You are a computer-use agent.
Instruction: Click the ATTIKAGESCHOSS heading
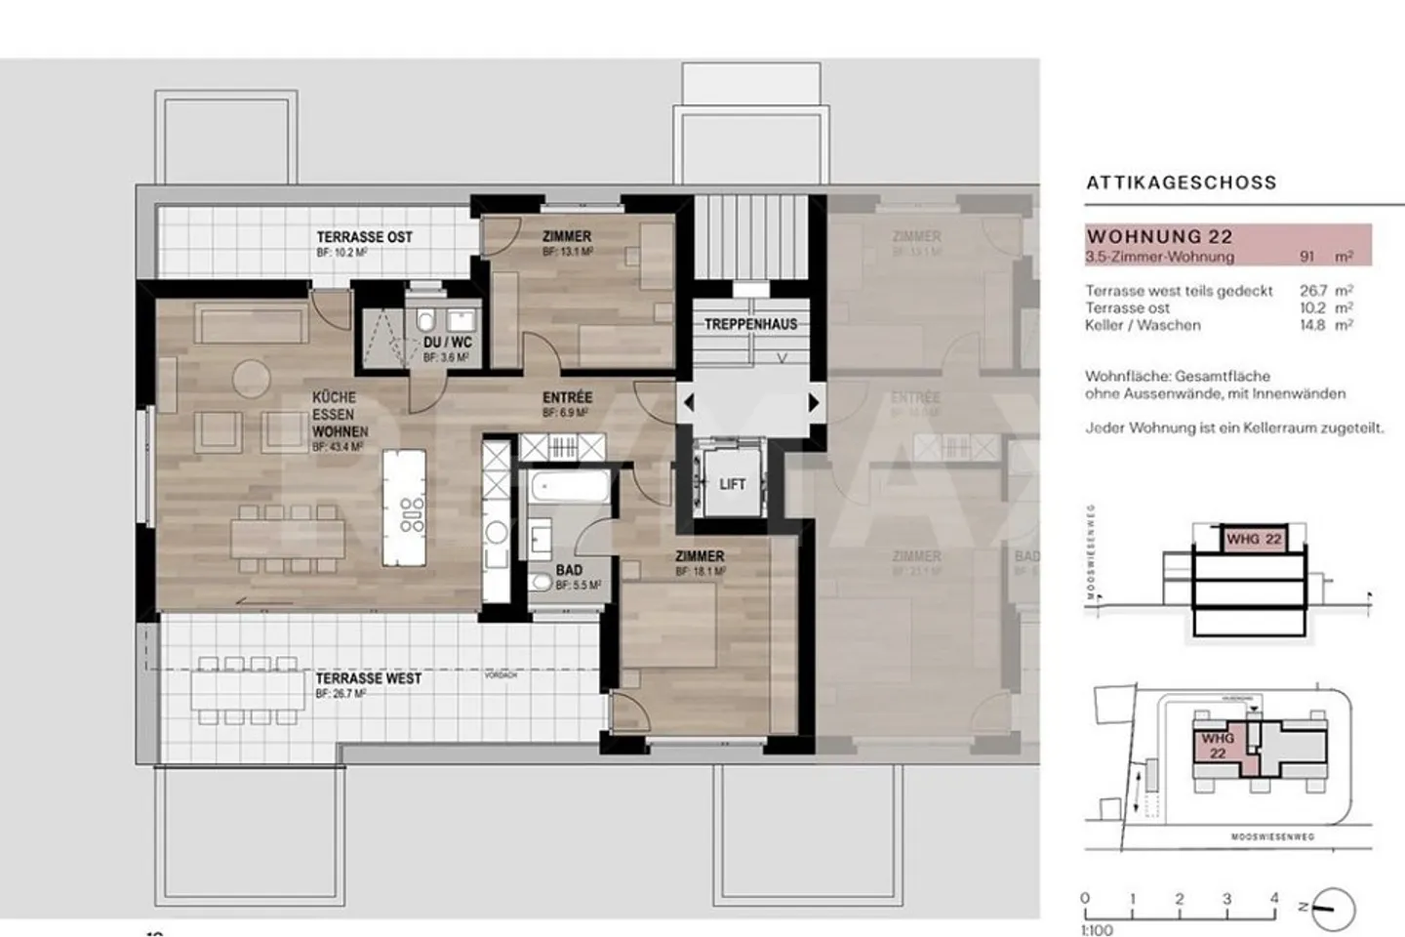(x=1181, y=183)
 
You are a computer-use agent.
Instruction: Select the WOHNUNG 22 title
(x=1159, y=236)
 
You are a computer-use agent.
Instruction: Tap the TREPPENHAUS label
(x=750, y=324)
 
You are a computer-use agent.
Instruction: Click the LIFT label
(x=732, y=484)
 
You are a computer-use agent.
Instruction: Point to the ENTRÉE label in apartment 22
(x=567, y=398)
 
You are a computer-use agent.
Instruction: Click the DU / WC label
(x=447, y=344)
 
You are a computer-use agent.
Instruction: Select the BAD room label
(x=568, y=570)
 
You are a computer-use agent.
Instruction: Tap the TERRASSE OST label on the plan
(x=364, y=237)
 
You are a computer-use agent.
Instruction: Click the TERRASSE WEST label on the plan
(x=368, y=678)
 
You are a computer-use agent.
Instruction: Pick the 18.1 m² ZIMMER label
(x=700, y=556)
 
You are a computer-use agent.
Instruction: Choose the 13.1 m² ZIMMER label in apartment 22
(x=566, y=236)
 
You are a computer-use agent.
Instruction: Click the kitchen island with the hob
(x=404, y=506)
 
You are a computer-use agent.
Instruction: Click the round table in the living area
(x=249, y=378)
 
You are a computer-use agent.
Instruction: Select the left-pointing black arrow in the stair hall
(x=689, y=402)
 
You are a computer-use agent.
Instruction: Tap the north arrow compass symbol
(x=1332, y=909)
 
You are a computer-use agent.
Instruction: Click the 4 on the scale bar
(x=1273, y=898)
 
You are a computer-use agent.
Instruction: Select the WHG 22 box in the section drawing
(x=1253, y=539)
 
